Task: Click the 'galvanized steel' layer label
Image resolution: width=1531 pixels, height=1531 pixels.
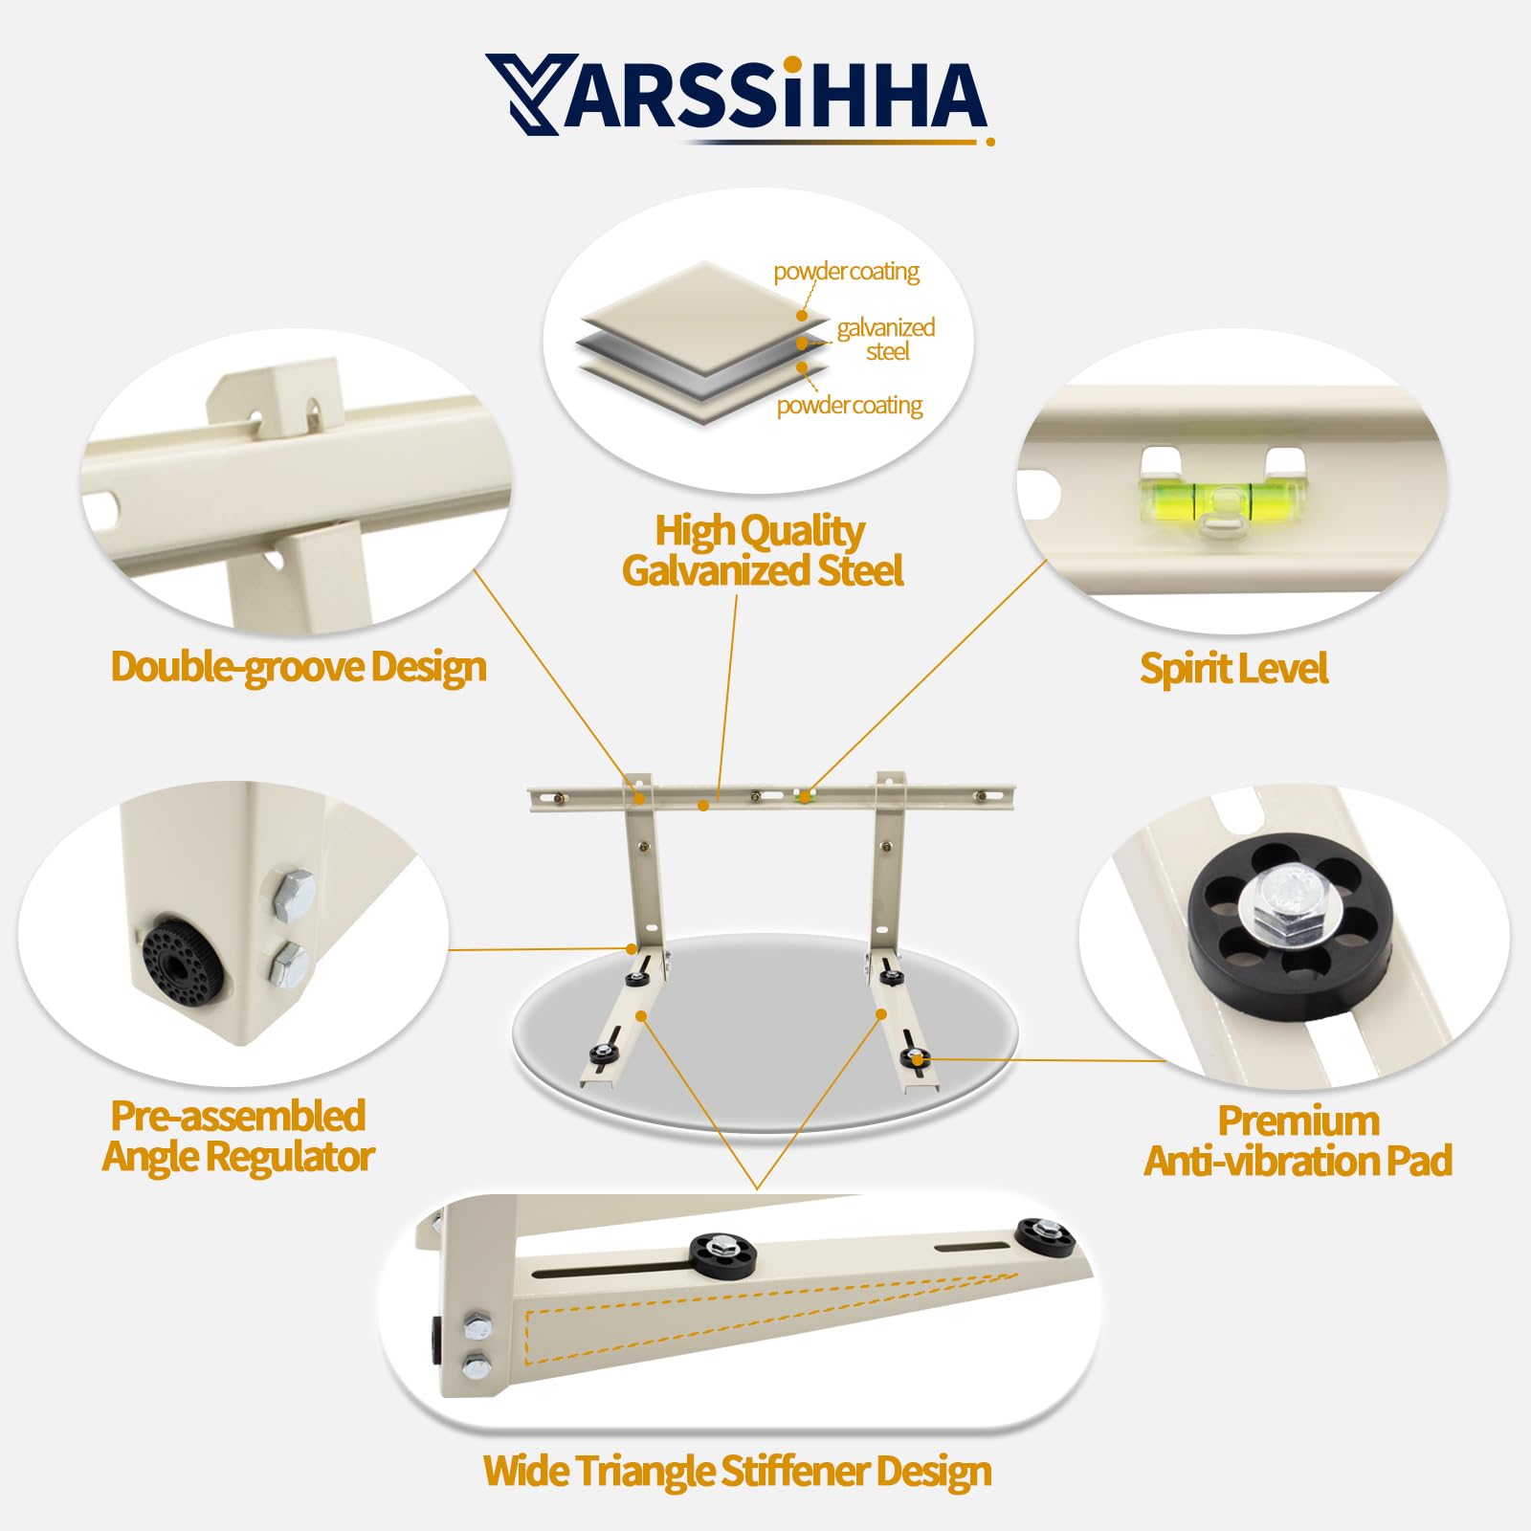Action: click(x=885, y=339)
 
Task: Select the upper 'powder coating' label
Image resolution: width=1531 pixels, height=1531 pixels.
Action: click(x=846, y=272)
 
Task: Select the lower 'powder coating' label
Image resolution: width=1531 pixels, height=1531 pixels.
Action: click(x=849, y=406)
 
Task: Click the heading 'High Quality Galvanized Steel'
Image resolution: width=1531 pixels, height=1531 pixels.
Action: click(x=762, y=550)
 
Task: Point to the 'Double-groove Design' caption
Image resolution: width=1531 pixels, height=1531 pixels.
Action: click(x=299, y=667)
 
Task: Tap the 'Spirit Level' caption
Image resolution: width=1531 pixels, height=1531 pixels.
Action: click(x=1233, y=669)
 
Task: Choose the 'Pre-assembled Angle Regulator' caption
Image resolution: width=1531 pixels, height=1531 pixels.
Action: click(x=238, y=1136)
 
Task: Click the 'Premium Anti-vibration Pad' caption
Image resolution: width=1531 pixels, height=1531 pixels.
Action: click(x=1298, y=1141)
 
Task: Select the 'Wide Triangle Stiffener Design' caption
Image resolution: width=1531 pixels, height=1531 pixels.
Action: click(x=737, y=1471)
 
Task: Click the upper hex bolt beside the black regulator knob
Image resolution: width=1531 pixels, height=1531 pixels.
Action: click(x=294, y=896)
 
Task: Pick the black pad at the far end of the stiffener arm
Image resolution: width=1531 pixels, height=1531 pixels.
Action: click(x=1045, y=1235)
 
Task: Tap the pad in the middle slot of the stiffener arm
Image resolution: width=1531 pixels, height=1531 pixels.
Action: click(x=722, y=1254)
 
